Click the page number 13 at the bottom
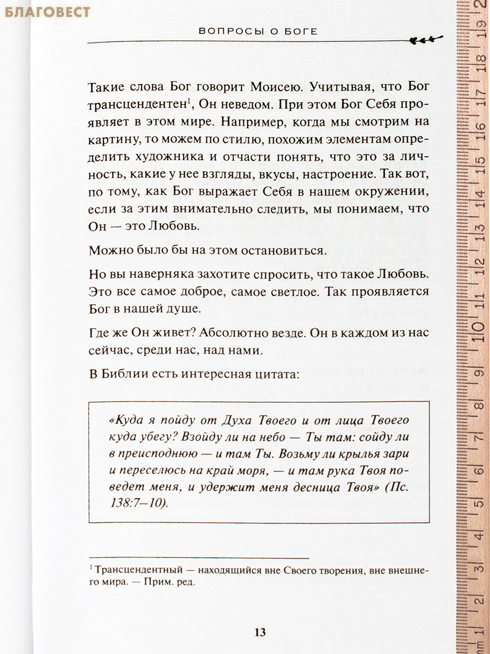click(x=260, y=632)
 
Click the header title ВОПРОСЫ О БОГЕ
click(x=258, y=32)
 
